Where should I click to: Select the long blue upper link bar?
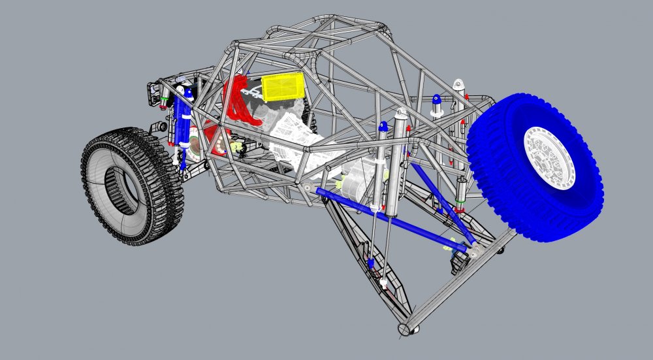pyautogui.click(x=392, y=220)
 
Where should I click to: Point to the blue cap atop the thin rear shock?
pyautogui.click(x=436, y=99)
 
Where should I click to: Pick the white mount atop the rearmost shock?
pyautogui.click(x=458, y=85)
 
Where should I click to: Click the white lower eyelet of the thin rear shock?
pyautogui.click(x=385, y=284)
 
